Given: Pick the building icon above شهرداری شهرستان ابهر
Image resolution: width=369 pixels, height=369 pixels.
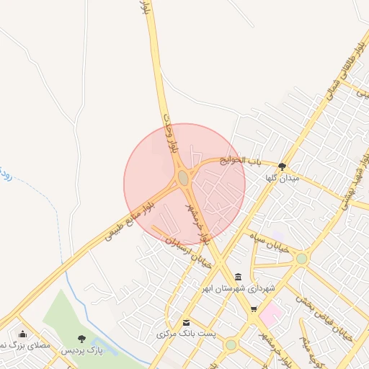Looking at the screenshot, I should point(238,277).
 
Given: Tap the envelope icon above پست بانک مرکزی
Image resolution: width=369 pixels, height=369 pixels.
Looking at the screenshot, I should point(187,323).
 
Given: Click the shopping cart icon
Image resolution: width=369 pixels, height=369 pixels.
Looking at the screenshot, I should point(253,309).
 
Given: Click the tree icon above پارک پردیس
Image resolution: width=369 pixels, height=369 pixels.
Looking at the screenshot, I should point(81,338).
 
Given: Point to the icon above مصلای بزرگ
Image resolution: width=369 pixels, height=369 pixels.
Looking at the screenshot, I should point(23,334).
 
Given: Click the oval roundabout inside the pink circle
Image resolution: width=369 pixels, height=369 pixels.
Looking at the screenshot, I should point(183,177).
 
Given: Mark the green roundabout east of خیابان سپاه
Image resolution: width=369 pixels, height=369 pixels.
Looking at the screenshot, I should point(301,258).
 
